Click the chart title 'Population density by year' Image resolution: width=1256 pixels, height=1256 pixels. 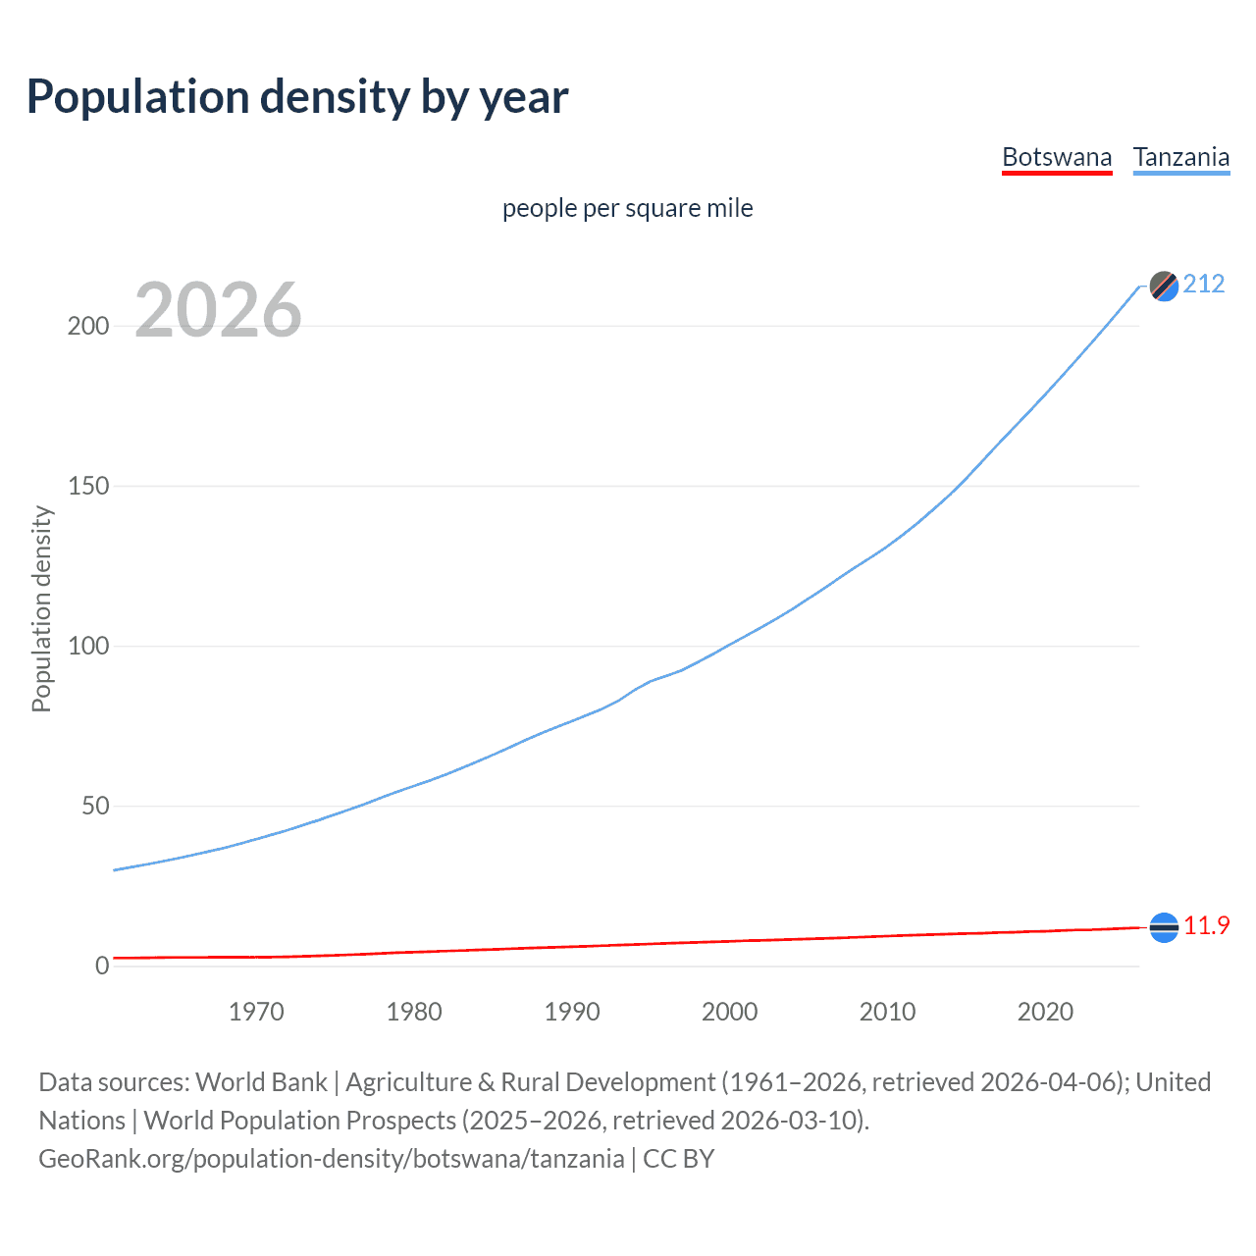click(297, 97)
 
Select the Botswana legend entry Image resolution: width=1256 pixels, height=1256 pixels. click(1057, 157)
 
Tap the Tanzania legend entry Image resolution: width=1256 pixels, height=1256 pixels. click(1181, 157)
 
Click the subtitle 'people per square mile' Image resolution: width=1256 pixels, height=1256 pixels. click(627, 208)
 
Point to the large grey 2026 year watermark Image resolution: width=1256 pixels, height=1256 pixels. click(218, 310)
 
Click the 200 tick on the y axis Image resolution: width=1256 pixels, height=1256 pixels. click(87, 326)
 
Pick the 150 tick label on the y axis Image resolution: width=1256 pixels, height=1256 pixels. click(87, 486)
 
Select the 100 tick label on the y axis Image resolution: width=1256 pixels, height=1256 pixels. click(87, 646)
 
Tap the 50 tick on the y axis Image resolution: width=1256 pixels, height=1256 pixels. click(94, 806)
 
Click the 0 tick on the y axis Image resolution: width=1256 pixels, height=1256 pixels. click(102, 966)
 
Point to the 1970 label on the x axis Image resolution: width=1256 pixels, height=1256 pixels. click(256, 1012)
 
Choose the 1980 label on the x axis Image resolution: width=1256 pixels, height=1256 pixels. click(414, 1012)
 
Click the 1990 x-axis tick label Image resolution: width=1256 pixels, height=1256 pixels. click(572, 1012)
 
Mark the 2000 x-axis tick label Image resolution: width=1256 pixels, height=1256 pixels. click(729, 1012)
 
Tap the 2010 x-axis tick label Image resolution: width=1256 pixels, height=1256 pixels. click(887, 1012)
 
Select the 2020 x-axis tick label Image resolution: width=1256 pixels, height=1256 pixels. click(1045, 1012)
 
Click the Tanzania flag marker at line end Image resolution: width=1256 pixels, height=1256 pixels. click(1164, 286)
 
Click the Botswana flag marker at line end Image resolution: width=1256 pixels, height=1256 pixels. click(1164, 927)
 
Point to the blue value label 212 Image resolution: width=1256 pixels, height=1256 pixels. click(1204, 284)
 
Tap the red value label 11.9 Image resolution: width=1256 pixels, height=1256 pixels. click(1206, 925)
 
